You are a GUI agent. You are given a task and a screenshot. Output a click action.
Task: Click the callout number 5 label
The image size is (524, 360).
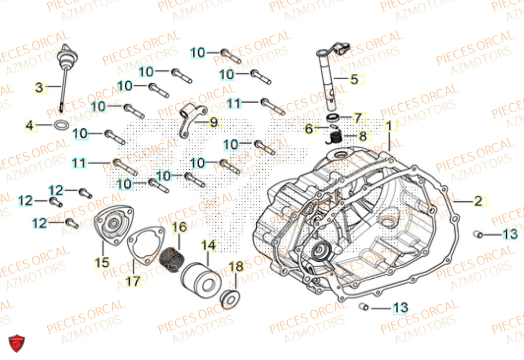pos(354,80)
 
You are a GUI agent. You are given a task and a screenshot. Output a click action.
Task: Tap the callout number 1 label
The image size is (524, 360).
pos(389,126)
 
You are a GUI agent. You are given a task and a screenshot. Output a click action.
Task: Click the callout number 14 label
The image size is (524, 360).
pos(208,245)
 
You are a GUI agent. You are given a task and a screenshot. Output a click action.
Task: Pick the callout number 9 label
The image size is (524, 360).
pos(213,123)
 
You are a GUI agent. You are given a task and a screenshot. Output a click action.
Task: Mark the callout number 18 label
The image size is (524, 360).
pos(237,267)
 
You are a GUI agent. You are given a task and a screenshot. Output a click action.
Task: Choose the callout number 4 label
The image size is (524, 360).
pos(30,126)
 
